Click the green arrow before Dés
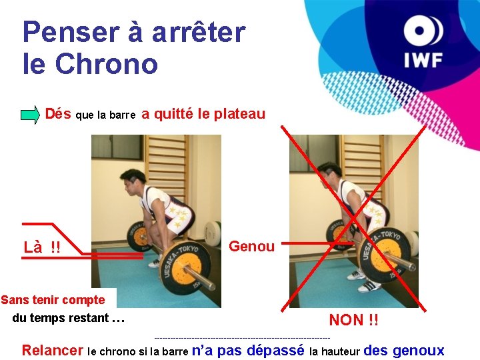pyautogui.click(x=30, y=115)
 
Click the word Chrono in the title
pyautogui.click(x=107, y=64)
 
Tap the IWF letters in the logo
pyautogui.click(x=423, y=60)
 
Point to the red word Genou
pyautogui.click(x=251, y=246)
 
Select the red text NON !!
pyautogui.click(x=353, y=320)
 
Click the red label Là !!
pyautogui.click(x=42, y=247)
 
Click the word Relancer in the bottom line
pyautogui.click(x=53, y=350)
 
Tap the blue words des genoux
pyautogui.click(x=404, y=350)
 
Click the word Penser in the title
pyautogui.click(x=71, y=32)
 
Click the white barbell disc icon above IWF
pyautogui.click(x=423, y=30)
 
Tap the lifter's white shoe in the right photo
pyautogui.click(x=370, y=287)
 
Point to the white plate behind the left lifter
pyautogui.click(x=213, y=233)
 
